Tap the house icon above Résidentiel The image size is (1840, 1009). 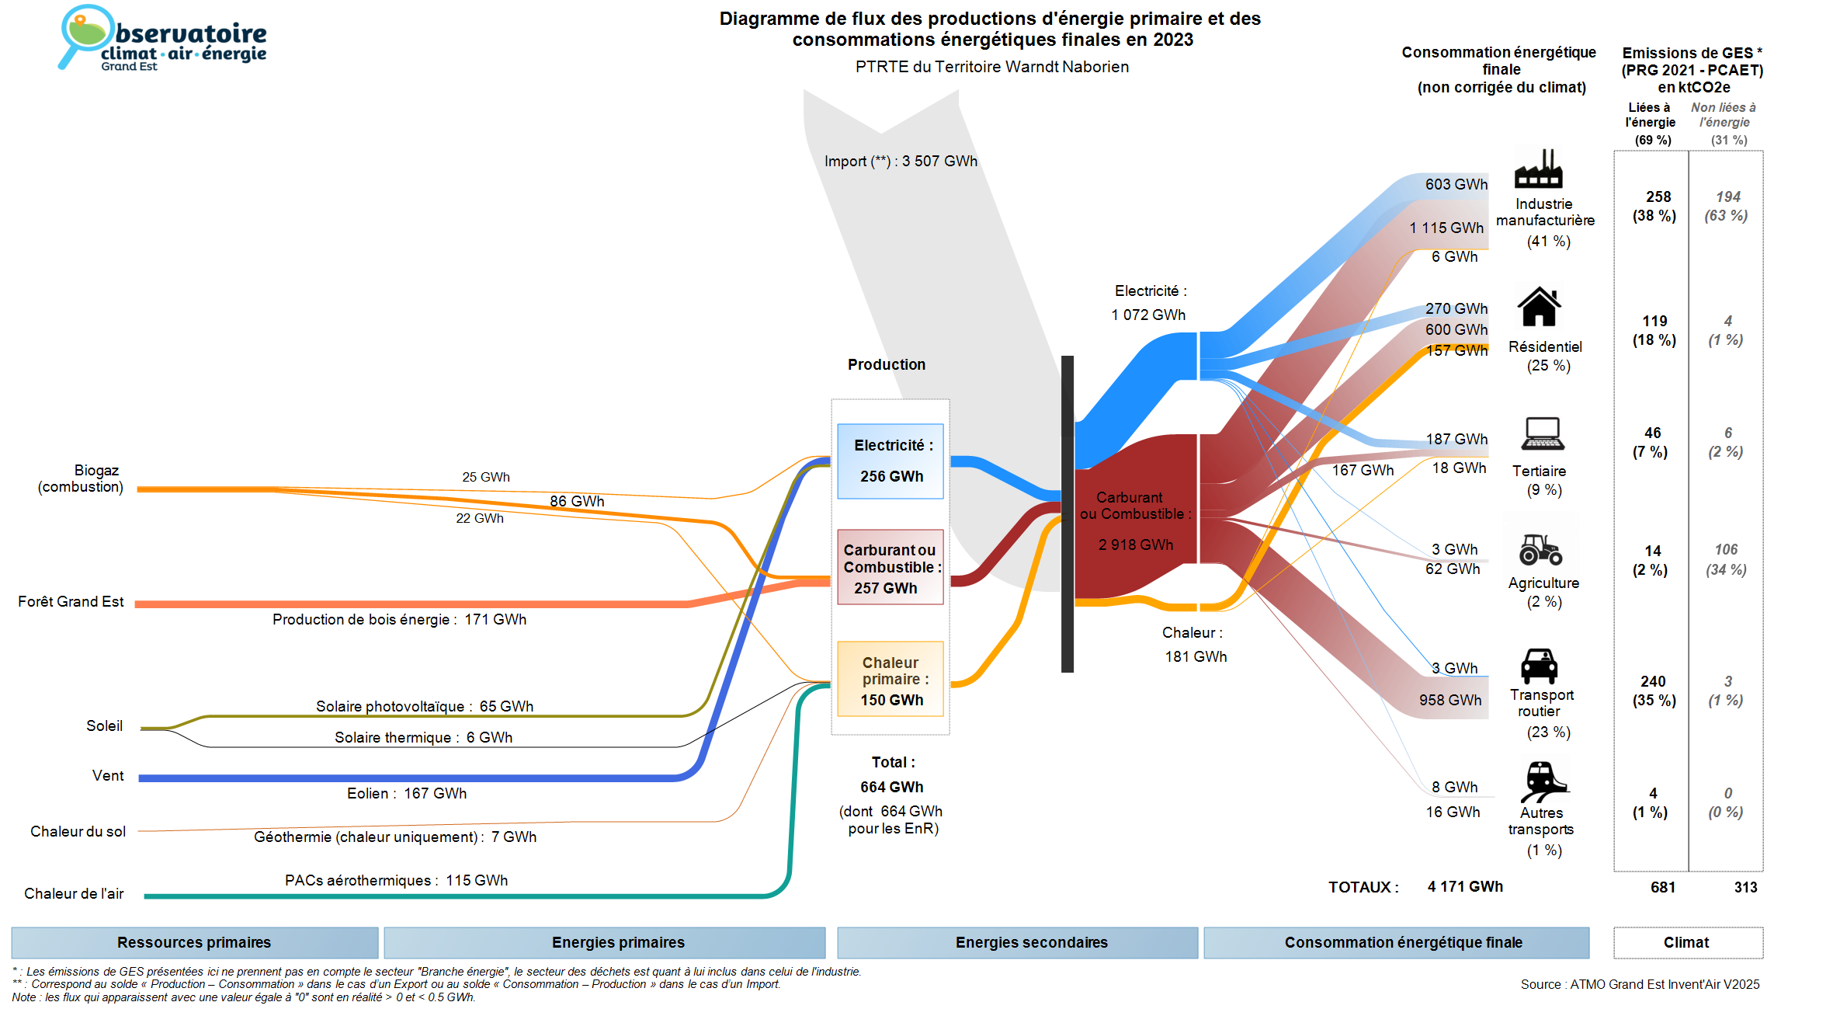click(1539, 307)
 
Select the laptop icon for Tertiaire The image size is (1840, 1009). click(1542, 433)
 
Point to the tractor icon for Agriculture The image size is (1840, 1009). click(1540, 549)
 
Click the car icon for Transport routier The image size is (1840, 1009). click(1539, 666)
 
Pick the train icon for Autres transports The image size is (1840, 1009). click(1543, 781)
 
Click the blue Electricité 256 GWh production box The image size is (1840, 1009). click(890, 461)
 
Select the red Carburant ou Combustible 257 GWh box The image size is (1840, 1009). click(890, 567)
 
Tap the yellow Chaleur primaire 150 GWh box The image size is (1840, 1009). click(890, 679)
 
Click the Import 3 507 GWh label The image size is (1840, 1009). click(901, 161)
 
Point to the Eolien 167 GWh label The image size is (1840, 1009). click(407, 793)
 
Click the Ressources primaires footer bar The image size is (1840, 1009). click(194, 942)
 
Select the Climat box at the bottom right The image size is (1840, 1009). click(1687, 942)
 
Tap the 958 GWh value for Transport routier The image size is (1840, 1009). click(1450, 700)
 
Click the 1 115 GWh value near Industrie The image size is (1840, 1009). click(1446, 228)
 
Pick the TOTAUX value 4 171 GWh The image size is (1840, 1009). click(1465, 886)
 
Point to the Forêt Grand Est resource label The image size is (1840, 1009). click(71, 601)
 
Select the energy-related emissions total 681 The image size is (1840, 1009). click(1663, 887)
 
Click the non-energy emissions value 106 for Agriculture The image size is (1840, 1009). click(1726, 549)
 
